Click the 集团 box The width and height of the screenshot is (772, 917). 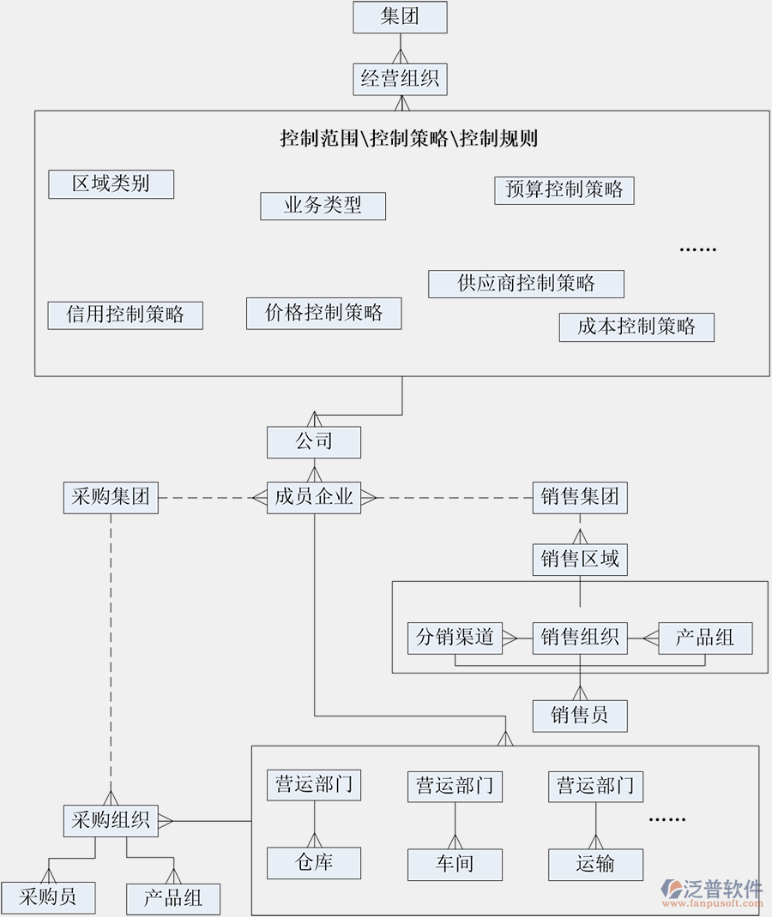[400, 17]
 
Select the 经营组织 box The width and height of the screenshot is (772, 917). [400, 80]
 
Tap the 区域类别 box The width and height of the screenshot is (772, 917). [111, 184]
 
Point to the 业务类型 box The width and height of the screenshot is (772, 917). [323, 206]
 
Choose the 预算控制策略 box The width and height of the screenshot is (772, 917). [564, 190]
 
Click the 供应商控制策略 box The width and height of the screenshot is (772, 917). [526, 284]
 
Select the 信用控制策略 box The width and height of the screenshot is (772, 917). [125, 315]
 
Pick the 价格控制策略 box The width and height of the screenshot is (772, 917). [323, 313]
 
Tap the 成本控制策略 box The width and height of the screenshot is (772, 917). [636, 327]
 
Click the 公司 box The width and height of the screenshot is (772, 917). [314, 442]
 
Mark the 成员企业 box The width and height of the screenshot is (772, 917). [314, 497]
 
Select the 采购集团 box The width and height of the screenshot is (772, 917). [111, 497]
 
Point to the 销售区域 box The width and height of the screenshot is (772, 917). [580, 560]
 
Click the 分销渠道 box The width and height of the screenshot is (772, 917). [455, 638]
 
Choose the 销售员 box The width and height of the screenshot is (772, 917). [580, 716]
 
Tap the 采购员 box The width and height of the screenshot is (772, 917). [48, 898]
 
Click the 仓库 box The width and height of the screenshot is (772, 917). [314, 863]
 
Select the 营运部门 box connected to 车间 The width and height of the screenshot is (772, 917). [455, 786]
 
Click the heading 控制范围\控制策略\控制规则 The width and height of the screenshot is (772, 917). [408, 138]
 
